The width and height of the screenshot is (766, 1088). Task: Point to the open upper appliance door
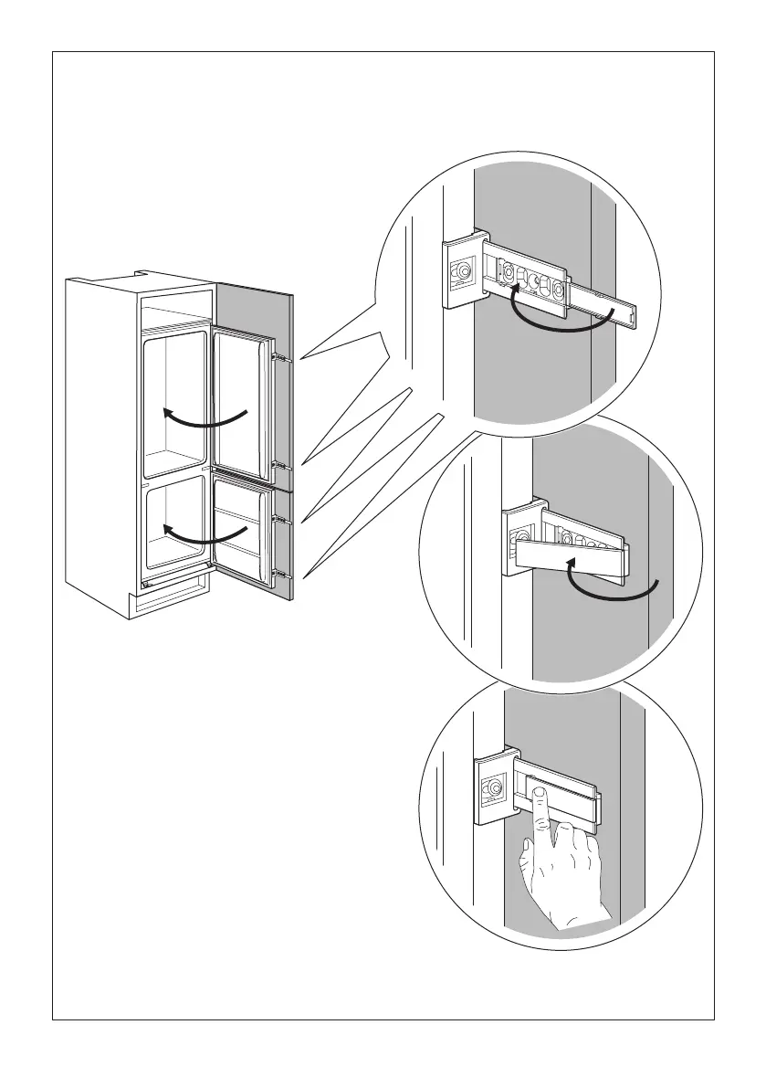[241, 402]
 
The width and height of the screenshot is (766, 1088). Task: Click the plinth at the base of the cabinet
[173, 603]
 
